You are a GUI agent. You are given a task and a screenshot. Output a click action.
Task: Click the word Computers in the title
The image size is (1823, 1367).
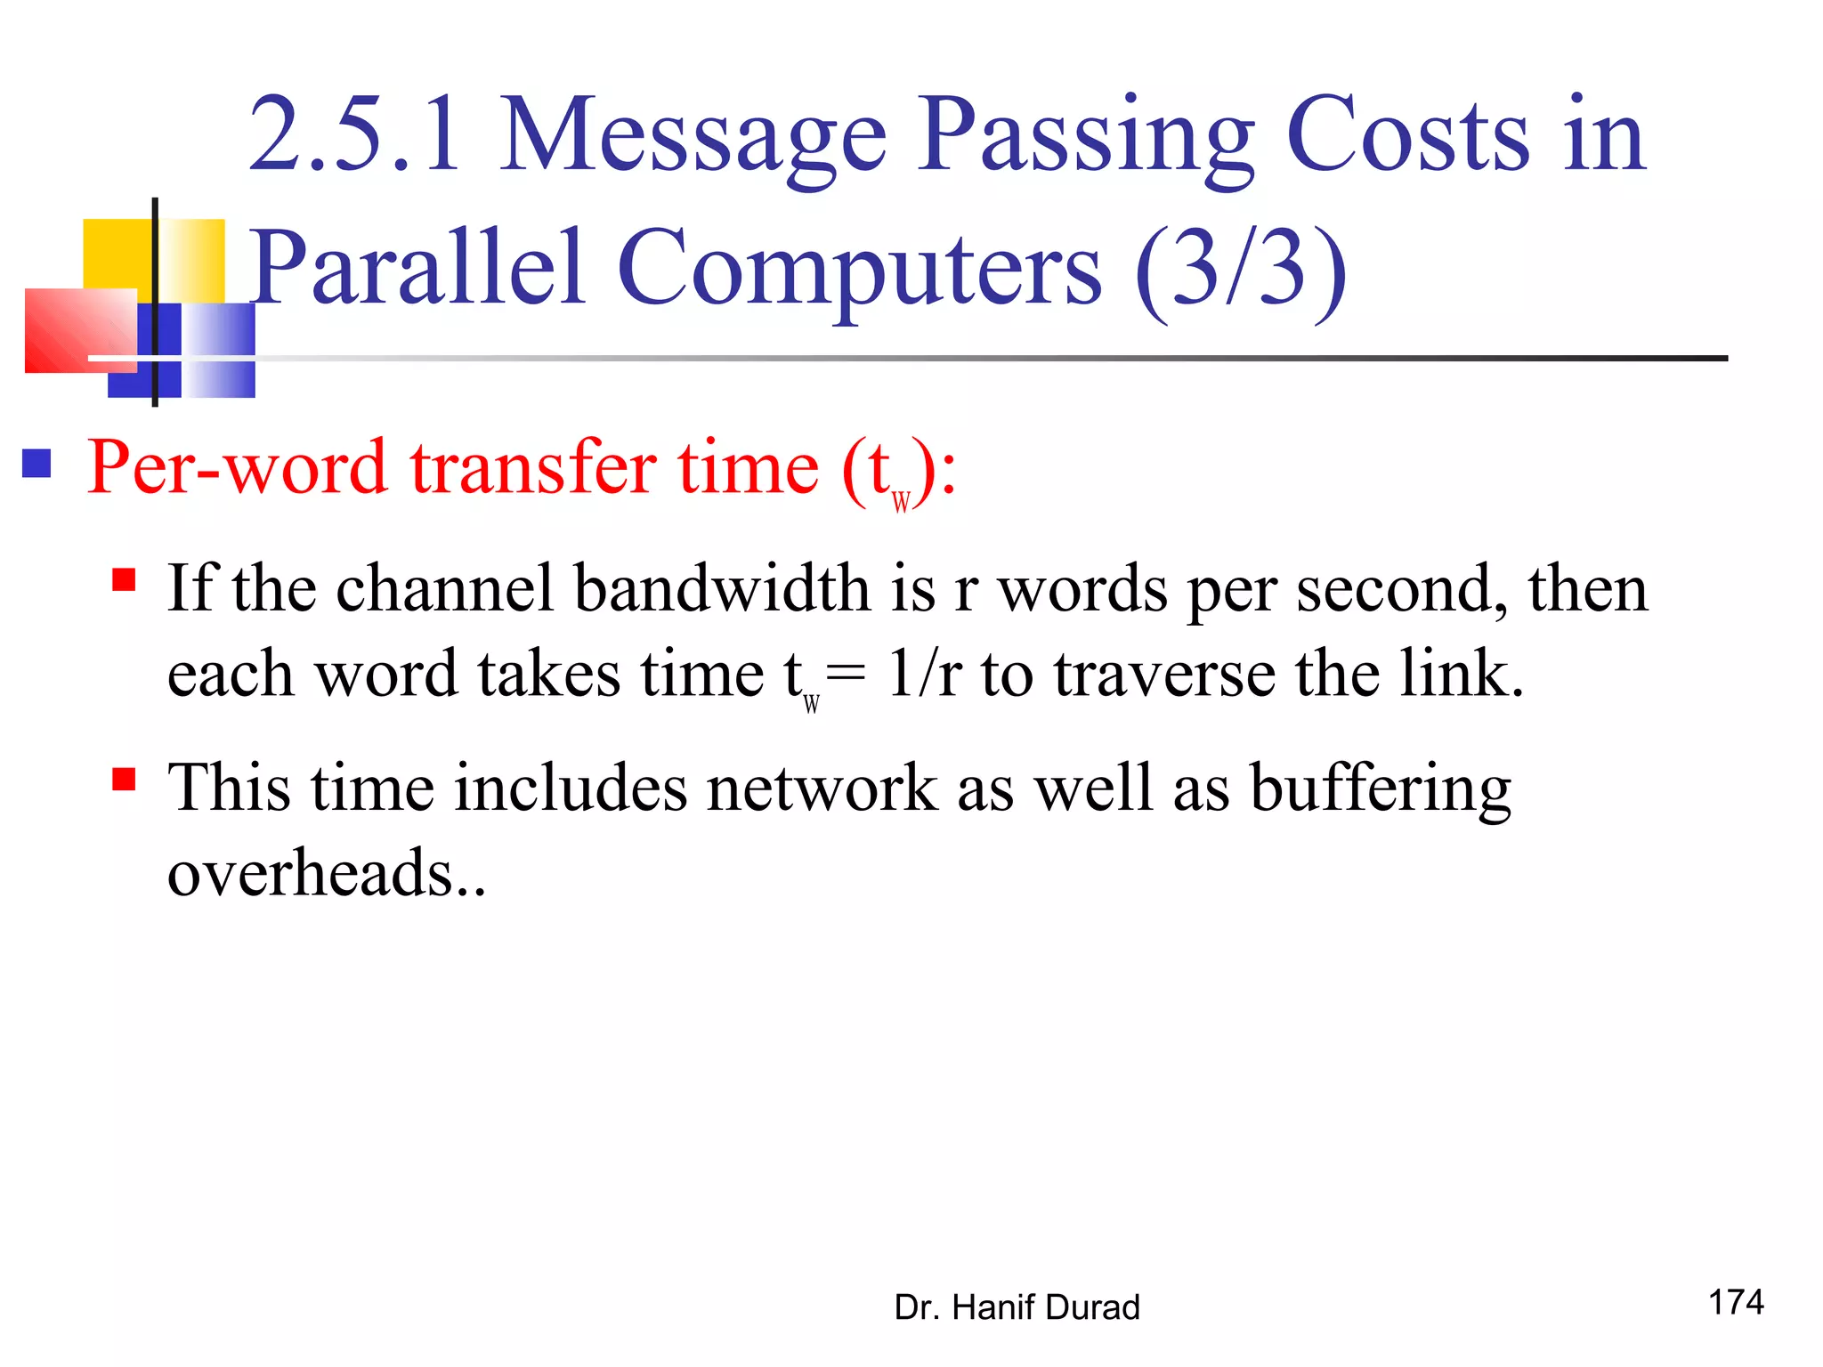click(859, 267)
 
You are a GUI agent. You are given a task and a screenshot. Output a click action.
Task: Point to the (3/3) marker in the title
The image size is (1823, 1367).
click(1241, 267)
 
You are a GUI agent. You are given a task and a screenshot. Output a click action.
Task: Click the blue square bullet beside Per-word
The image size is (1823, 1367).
click(36, 463)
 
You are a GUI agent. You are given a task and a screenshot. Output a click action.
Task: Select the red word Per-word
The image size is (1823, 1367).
click(237, 467)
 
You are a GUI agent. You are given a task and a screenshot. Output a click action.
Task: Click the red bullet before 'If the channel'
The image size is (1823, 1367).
click(124, 580)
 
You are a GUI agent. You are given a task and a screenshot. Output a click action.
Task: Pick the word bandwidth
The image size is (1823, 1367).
click(722, 589)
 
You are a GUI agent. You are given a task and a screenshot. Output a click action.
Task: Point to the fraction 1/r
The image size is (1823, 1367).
click(925, 674)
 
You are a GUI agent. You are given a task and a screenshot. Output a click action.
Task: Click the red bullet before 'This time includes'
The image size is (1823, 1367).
click(124, 779)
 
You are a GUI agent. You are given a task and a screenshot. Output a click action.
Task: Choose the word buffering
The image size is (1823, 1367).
click(1381, 788)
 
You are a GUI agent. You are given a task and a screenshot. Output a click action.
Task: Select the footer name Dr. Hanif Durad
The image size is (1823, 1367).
click(1017, 1306)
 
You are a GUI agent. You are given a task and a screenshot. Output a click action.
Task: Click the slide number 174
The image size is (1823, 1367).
click(1736, 1301)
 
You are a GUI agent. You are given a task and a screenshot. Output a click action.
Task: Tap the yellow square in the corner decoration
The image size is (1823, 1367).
click(116, 254)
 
